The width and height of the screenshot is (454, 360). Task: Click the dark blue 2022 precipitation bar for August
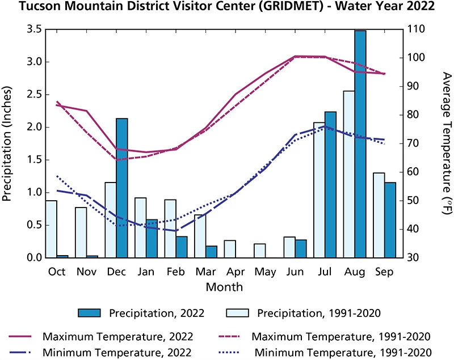(x=360, y=145)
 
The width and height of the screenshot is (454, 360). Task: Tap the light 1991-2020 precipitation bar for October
(x=51, y=230)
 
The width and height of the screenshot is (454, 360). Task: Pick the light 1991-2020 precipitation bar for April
(x=229, y=249)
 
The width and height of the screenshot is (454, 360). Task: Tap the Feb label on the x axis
(x=175, y=271)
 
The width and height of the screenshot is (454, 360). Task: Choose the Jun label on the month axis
(x=294, y=271)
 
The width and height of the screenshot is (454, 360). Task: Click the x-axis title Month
(x=224, y=286)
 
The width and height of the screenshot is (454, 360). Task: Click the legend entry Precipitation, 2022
(x=156, y=313)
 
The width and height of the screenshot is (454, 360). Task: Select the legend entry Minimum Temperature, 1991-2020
(x=340, y=351)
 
